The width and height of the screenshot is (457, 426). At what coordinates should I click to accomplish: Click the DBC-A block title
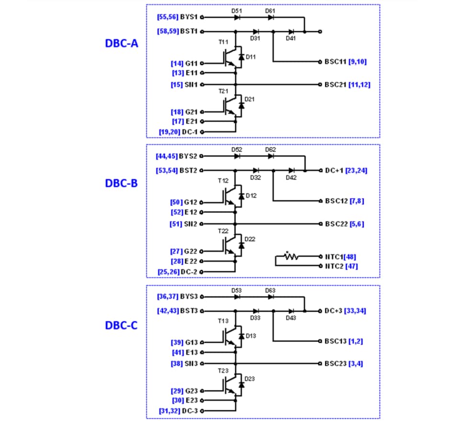pyautogui.click(x=121, y=43)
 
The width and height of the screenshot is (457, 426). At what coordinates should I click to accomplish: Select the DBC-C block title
pyautogui.click(x=121, y=326)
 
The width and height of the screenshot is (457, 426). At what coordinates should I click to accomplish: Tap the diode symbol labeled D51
pyautogui.click(x=237, y=17)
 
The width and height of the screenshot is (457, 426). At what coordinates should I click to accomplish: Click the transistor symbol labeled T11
pyautogui.click(x=229, y=56)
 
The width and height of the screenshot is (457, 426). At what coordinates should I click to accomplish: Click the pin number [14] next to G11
pyautogui.click(x=177, y=63)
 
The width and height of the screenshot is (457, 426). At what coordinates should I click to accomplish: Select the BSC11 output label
pyautogui.click(x=333, y=62)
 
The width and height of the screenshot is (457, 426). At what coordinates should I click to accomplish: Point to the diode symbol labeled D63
pyautogui.click(x=271, y=296)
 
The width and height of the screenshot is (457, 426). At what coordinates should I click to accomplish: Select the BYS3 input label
pyautogui.click(x=189, y=296)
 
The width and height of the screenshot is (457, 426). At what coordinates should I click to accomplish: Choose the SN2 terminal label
pyautogui.click(x=191, y=224)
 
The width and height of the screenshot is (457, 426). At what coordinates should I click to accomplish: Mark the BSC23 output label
pyautogui.click(x=335, y=364)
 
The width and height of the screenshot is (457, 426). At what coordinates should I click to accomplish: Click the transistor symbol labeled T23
pyautogui.click(x=229, y=384)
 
